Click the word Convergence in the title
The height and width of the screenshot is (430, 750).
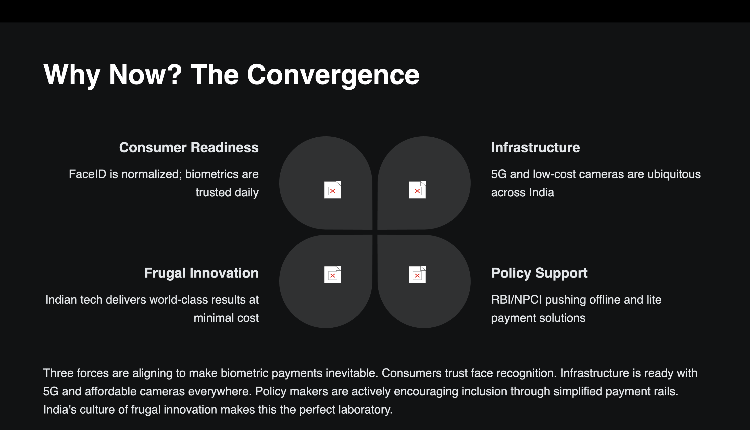point(333,75)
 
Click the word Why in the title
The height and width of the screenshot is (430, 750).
point(72,75)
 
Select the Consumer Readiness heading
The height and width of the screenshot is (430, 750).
point(189,147)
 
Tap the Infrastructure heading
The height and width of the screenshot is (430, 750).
point(535,147)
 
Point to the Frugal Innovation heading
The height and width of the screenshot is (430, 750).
point(202,273)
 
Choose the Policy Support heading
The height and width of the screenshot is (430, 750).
point(539,273)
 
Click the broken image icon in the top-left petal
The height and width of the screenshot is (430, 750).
point(332,190)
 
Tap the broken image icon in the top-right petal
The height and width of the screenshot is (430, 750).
point(417,190)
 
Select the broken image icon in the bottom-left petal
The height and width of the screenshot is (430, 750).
point(332,274)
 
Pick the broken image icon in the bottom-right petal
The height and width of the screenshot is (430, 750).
point(417,274)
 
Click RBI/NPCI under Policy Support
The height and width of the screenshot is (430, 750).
point(516,300)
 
